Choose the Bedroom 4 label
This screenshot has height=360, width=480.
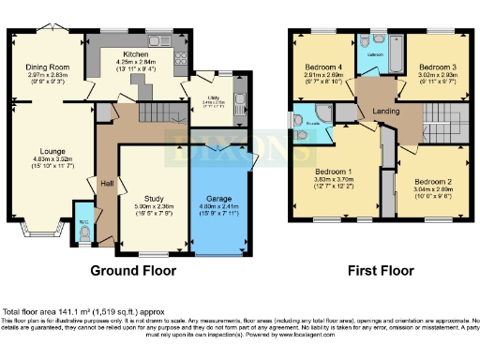point(322,67)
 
